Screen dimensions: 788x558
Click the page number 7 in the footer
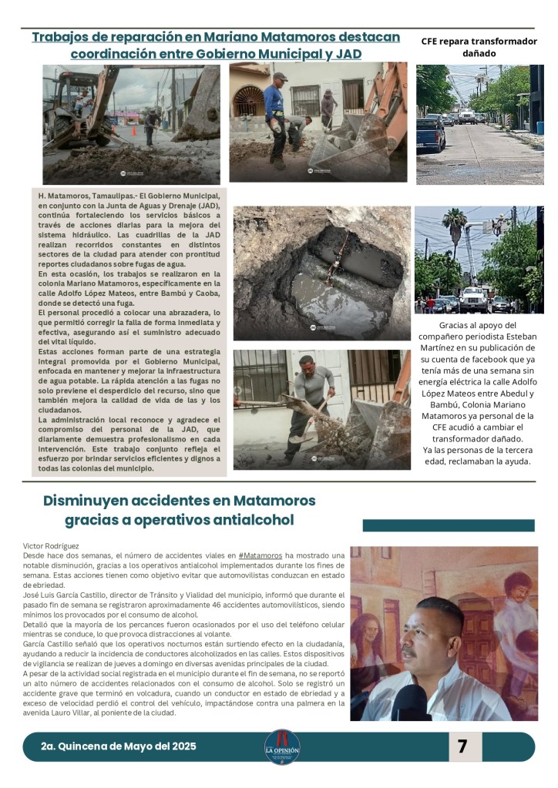(462, 746)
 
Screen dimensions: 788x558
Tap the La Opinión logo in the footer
(281, 747)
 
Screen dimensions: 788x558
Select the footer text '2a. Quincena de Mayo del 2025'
(119, 746)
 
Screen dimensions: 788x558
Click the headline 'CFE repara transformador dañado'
(479, 47)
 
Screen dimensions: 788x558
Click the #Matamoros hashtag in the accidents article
(260, 555)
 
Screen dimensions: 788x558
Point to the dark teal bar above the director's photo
(448, 525)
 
